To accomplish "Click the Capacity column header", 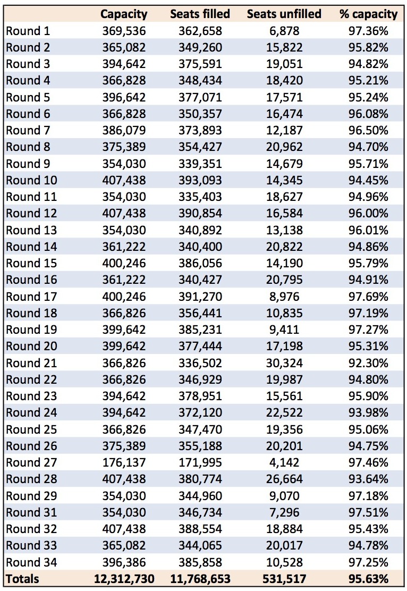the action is tap(124, 14).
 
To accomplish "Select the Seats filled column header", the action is tap(200, 14).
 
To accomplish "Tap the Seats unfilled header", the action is tap(284, 14).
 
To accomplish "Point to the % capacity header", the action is tap(368, 14).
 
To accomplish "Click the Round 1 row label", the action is tap(28, 31).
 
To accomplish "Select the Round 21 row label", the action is tap(31, 363).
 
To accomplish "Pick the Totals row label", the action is tap(22, 579).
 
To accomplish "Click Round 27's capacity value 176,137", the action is tap(124, 462).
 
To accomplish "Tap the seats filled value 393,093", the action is tap(200, 180).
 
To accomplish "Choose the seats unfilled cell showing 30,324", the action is tap(284, 363).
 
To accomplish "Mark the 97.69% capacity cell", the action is tap(368, 296).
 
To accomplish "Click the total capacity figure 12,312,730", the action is tap(124, 579).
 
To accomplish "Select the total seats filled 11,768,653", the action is tap(200, 579).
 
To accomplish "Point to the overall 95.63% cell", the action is tap(368, 579).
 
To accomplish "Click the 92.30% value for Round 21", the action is tap(368, 363).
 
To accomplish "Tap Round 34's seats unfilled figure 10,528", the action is tap(284, 562).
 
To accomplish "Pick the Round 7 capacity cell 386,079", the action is tap(124, 130).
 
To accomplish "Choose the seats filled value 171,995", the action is tap(200, 462).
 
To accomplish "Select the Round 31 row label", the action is tap(31, 512).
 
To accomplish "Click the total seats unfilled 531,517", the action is tap(284, 579).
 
